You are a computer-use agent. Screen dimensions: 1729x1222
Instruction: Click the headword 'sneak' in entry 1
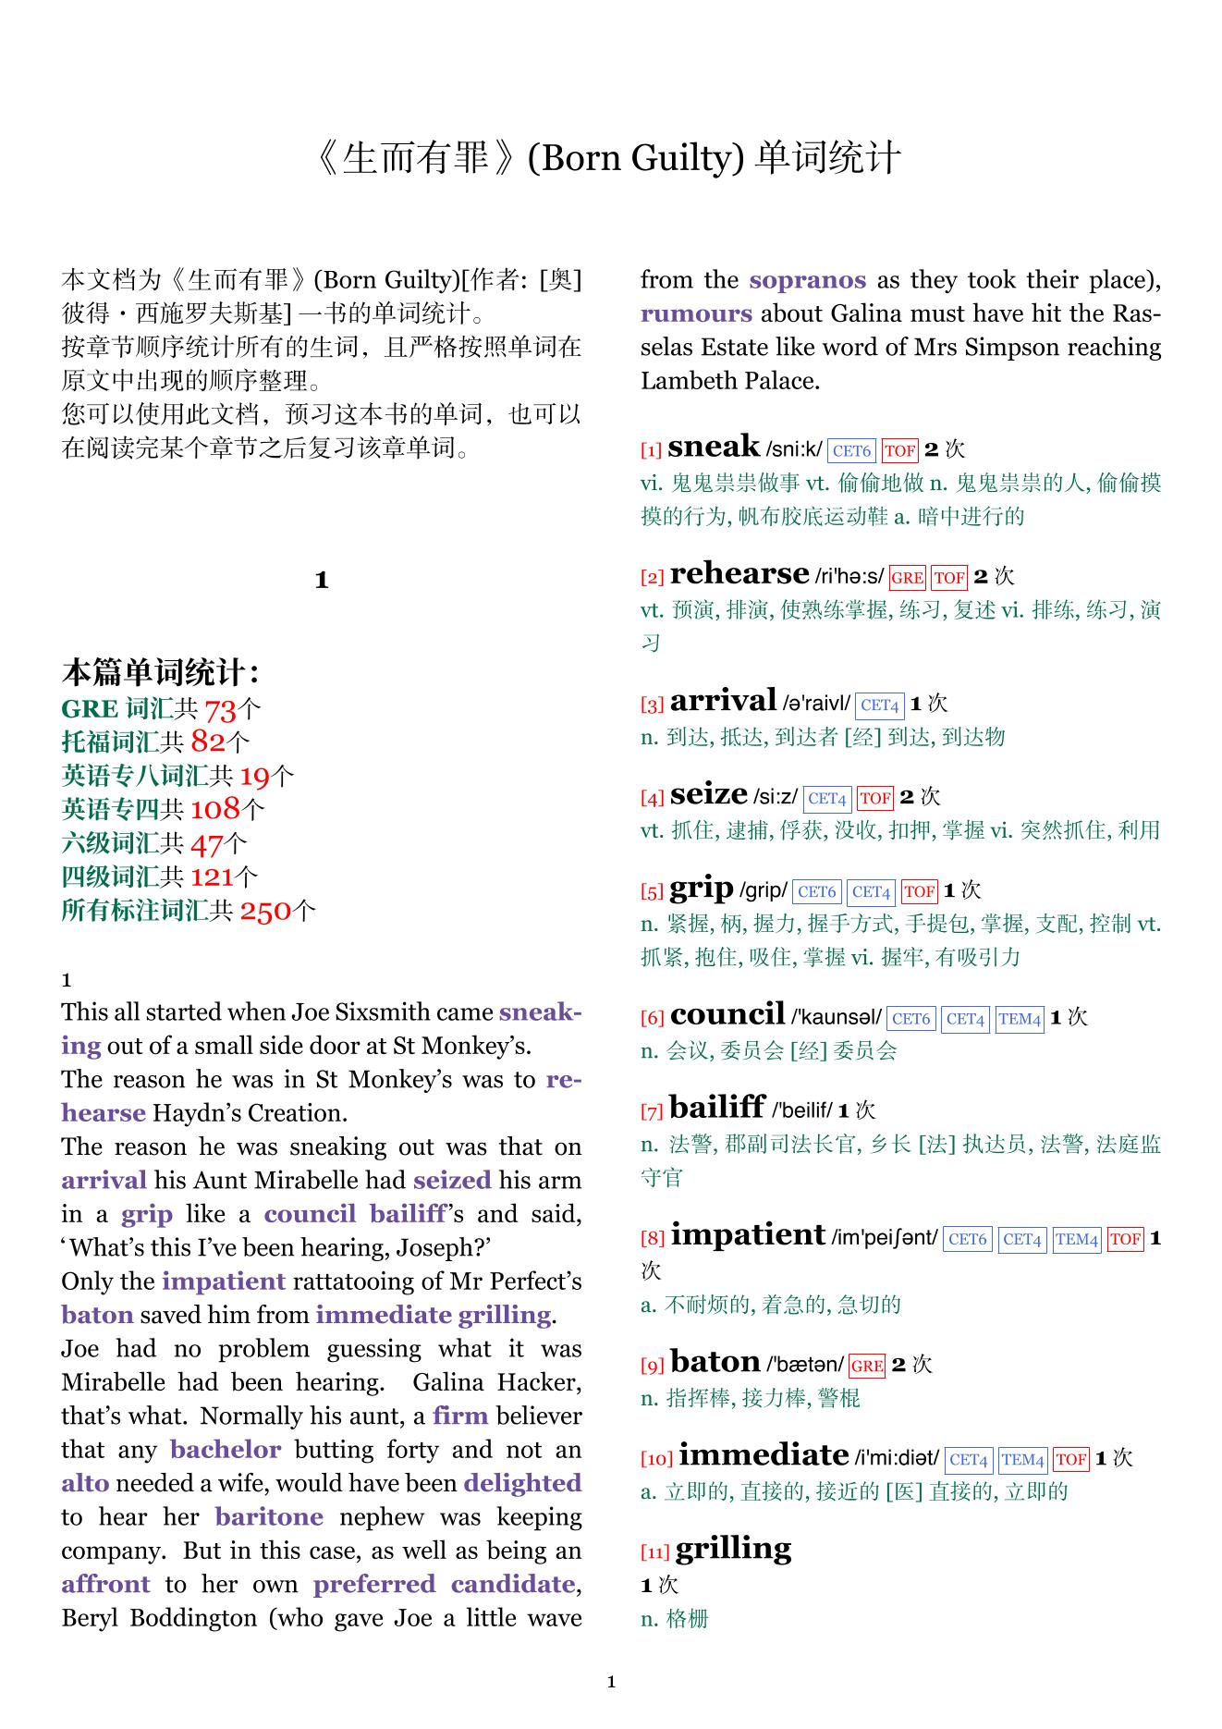click(713, 448)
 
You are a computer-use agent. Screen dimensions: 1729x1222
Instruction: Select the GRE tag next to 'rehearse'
click(907, 578)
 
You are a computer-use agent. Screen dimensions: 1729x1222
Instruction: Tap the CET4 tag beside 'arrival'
click(879, 705)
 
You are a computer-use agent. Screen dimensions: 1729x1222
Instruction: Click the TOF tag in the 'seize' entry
click(874, 798)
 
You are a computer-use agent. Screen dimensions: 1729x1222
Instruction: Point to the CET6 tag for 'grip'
click(817, 892)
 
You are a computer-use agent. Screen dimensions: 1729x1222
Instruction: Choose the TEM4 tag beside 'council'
click(1020, 1019)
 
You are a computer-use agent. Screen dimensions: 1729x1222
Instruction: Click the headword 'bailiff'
click(717, 1108)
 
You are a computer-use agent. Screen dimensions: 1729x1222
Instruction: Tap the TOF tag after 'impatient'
click(1125, 1239)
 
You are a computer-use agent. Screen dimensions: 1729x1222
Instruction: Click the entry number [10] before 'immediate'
click(656, 1459)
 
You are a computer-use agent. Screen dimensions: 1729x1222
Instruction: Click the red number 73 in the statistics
click(220, 710)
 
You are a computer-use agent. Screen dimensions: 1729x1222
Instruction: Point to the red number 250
click(265, 912)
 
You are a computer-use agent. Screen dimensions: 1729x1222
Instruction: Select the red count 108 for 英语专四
click(214, 810)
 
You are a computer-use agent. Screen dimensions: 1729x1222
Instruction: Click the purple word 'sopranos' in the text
click(807, 280)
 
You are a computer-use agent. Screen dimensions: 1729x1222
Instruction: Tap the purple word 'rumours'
click(696, 313)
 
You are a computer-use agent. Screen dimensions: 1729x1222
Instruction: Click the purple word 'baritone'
click(269, 1517)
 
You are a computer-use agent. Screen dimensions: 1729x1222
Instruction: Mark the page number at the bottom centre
click(611, 1682)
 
